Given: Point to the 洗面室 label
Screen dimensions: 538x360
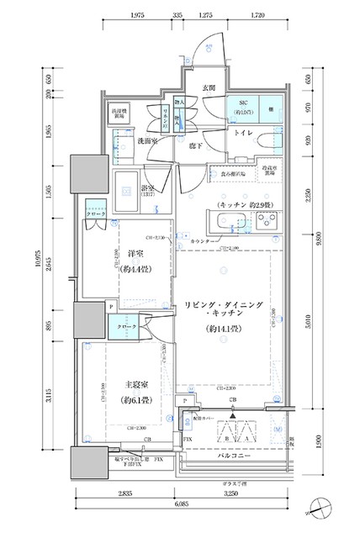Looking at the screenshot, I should coord(138,140).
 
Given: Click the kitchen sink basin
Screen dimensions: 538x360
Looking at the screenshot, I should coord(227,223).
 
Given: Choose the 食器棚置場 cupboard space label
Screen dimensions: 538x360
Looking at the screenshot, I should coord(234,176).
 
